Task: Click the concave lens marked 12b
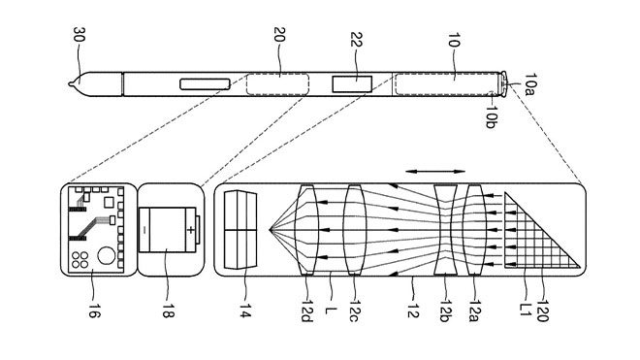point(445,231)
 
